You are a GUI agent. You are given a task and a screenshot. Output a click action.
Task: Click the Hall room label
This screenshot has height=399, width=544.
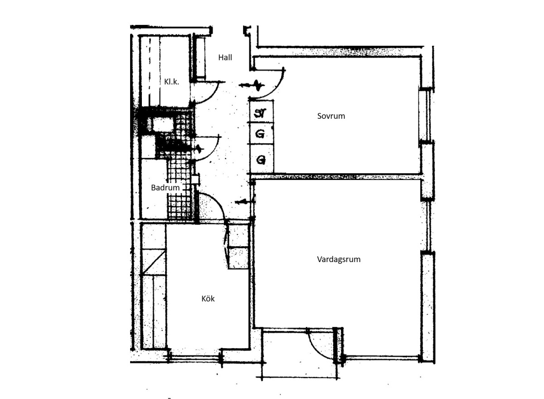[x=225, y=58]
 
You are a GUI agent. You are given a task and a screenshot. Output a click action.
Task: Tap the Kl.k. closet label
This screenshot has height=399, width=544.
[x=171, y=82]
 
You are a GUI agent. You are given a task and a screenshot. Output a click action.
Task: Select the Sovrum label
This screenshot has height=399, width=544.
[x=331, y=116]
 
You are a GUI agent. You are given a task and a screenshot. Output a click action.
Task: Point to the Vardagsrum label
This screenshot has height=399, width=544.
[x=339, y=259]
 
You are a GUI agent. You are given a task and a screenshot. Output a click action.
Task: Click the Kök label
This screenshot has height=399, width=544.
[x=208, y=299]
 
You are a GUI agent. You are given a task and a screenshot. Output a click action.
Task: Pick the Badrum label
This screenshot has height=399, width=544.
[x=165, y=187]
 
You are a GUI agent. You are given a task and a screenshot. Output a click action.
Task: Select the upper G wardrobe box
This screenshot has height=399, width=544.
[x=262, y=134]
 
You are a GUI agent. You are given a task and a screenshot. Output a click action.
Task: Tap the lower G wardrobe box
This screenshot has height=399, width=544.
[x=262, y=159]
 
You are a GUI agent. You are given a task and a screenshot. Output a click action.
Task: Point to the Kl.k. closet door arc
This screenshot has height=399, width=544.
[x=212, y=97]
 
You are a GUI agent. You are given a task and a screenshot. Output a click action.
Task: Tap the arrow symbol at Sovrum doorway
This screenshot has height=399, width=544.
[x=252, y=86]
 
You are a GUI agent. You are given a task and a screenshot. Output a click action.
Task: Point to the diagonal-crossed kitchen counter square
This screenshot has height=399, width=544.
[x=154, y=262]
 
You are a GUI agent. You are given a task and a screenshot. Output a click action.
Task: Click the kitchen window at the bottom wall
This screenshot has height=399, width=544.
[x=194, y=357]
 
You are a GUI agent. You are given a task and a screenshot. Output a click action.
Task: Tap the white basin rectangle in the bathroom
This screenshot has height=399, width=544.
[x=163, y=125]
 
